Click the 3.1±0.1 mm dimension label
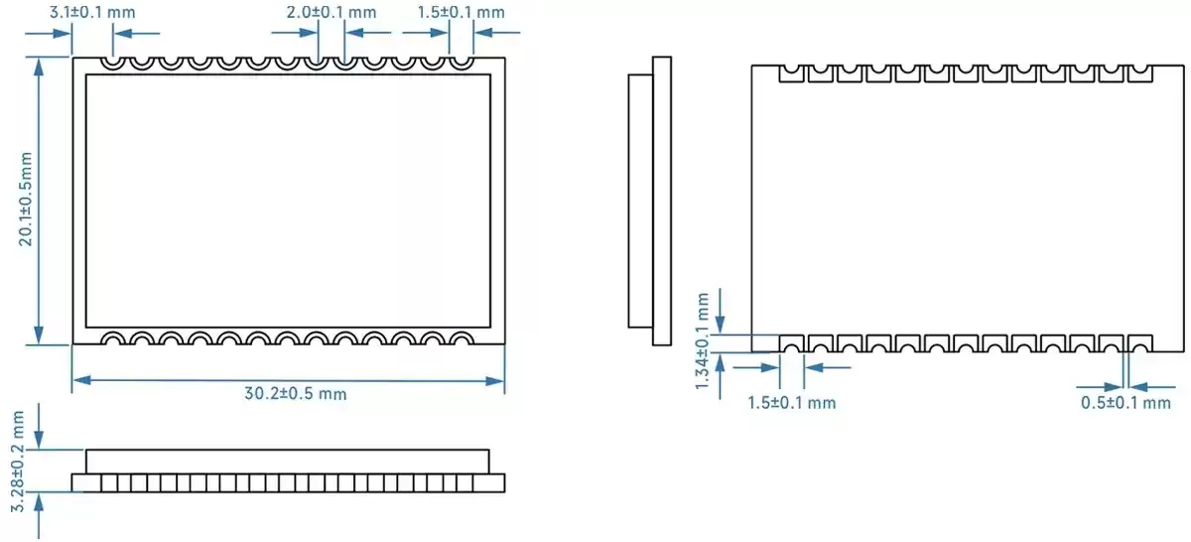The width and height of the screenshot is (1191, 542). coord(91,13)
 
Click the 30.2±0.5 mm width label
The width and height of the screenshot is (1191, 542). coord(296,394)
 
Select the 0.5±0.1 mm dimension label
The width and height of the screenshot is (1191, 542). coord(1125,403)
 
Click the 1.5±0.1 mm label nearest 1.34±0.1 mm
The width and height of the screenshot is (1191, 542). coord(791,403)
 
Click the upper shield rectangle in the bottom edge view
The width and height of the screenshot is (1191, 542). coord(287,461)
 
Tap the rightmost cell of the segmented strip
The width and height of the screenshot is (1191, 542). coord(488,482)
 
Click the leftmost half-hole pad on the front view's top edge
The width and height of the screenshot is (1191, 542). coord(112,63)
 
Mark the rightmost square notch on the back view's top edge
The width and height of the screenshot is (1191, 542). coord(1139,73)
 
